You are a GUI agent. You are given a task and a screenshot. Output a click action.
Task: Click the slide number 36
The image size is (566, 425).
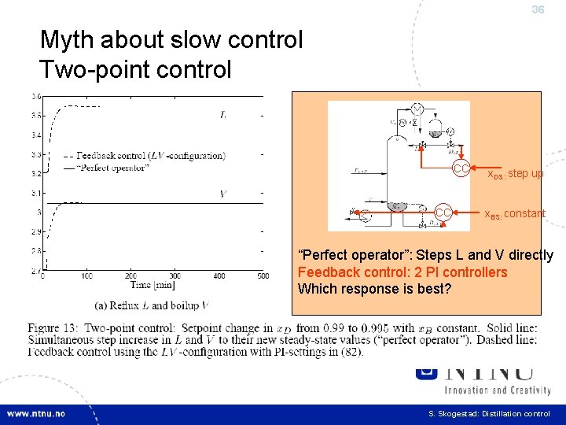click(x=538, y=10)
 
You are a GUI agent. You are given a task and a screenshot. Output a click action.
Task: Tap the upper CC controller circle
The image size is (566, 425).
click(x=461, y=168)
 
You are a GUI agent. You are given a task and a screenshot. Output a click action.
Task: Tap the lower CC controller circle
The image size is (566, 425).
click(x=443, y=213)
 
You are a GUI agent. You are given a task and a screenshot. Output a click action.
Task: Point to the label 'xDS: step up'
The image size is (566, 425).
click(x=515, y=173)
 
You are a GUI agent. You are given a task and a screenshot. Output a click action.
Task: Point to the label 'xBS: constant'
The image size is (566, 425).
click(x=513, y=214)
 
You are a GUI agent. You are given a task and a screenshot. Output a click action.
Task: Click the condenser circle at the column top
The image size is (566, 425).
click(x=417, y=109)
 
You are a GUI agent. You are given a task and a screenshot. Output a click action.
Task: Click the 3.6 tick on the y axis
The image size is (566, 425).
click(x=35, y=116)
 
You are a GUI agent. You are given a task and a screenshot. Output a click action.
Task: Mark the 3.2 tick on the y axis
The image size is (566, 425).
click(x=35, y=173)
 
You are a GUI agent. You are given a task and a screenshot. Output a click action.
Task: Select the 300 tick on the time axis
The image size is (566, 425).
click(x=175, y=276)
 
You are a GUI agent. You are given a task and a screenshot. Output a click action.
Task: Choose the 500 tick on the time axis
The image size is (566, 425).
click(x=263, y=276)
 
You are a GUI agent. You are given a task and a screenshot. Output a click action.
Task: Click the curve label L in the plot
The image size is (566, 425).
click(x=223, y=115)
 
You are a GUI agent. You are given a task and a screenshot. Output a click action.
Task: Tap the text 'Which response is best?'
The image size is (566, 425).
click(x=374, y=289)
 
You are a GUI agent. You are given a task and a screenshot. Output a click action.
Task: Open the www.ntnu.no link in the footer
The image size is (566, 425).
click(x=36, y=413)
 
